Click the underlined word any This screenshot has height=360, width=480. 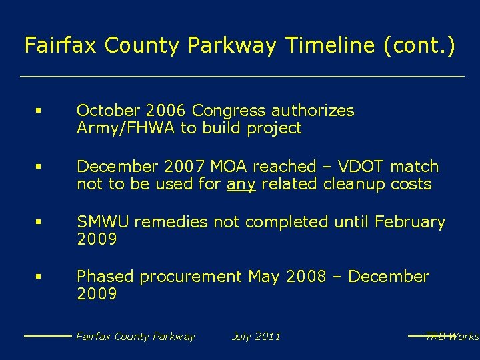(x=241, y=185)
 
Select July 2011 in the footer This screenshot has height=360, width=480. (x=256, y=337)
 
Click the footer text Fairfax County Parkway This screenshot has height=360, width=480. (x=135, y=337)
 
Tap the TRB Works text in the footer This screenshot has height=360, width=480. (x=452, y=337)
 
